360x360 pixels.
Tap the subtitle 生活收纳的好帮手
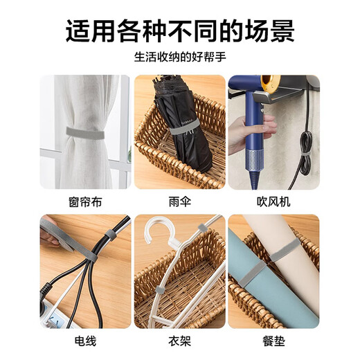[x=179, y=58]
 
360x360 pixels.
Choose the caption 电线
[x=84, y=341]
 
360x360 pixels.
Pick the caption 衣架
[x=179, y=341]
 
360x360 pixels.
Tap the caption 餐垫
[x=273, y=341]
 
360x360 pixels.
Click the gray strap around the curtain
[x=77, y=129]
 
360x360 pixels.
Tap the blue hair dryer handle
[x=258, y=145]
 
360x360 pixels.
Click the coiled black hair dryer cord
[x=305, y=149]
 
